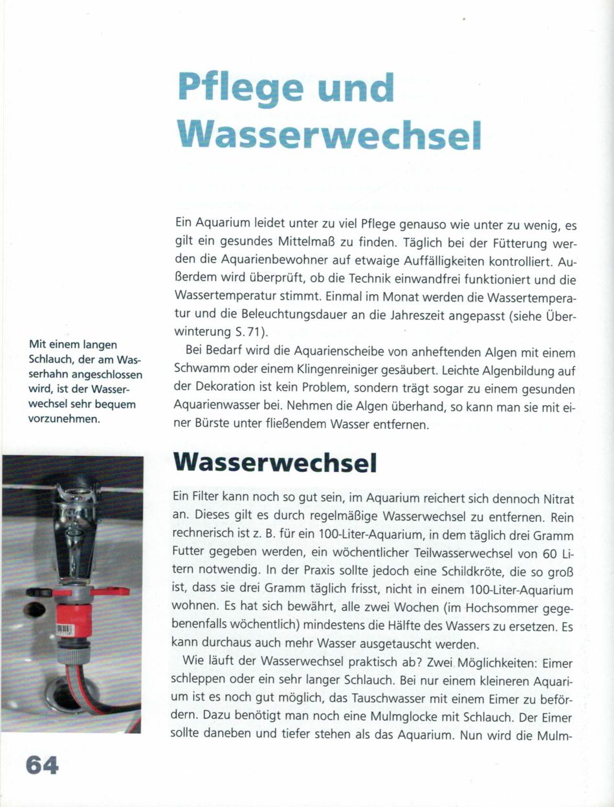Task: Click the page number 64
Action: coord(43,765)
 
